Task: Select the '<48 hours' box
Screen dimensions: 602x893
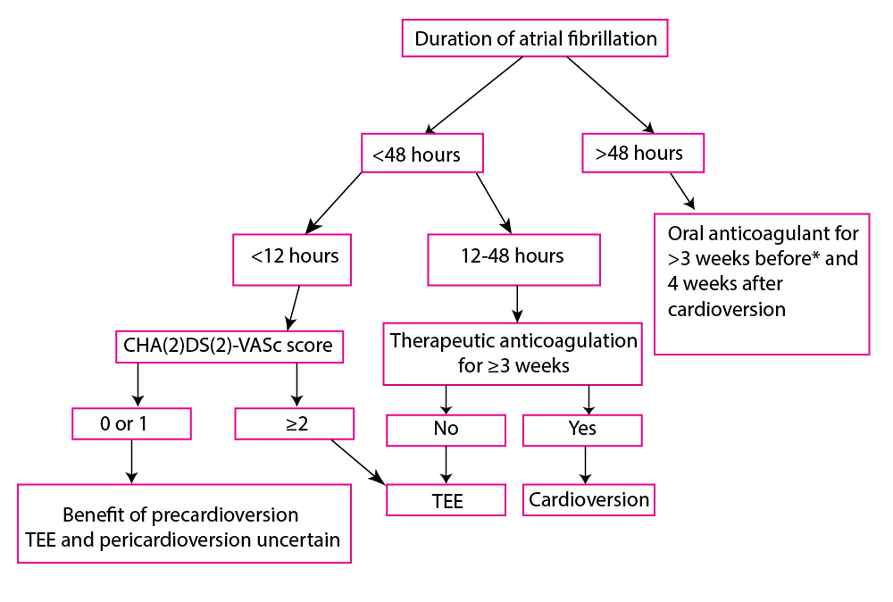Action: pyautogui.click(x=422, y=154)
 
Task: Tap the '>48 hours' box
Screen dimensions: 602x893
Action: pyautogui.click(x=643, y=153)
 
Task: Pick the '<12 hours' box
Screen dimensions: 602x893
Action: pyautogui.click(x=292, y=260)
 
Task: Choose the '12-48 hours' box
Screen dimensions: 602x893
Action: pyautogui.click(x=514, y=260)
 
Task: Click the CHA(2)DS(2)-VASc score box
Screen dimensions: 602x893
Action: pyautogui.click(x=229, y=346)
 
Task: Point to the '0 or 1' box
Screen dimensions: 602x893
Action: pyautogui.click(x=131, y=424)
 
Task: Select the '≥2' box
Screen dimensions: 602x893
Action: pyautogui.click(x=294, y=424)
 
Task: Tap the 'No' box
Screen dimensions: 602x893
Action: pyautogui.click(x=446, y=430)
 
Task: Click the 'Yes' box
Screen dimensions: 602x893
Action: pyautogui.click(x=582, y=430)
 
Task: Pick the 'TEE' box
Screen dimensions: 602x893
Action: pyautogui.click(x=446, y=500)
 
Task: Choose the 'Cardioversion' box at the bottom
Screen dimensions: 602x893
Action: pyautogui.click(x=589, y=500)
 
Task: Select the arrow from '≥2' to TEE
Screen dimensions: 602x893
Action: pyautogui.click(x=358, y=462)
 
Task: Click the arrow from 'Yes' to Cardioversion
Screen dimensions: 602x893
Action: pyautogui.click(x=585, y=465)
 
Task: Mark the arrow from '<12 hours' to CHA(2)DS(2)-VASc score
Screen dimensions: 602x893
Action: pyautogui.click(x=293, y=308)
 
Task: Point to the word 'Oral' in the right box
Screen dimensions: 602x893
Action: pyautogui.click(x=685, y=234)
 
